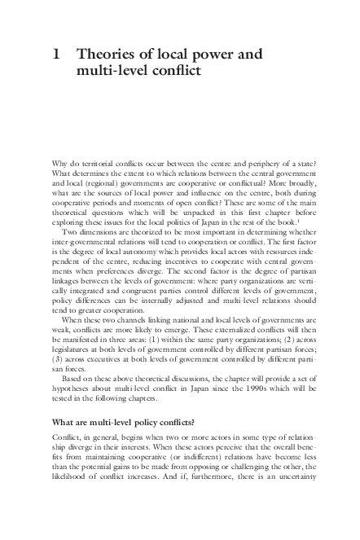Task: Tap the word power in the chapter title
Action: (214, 57)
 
